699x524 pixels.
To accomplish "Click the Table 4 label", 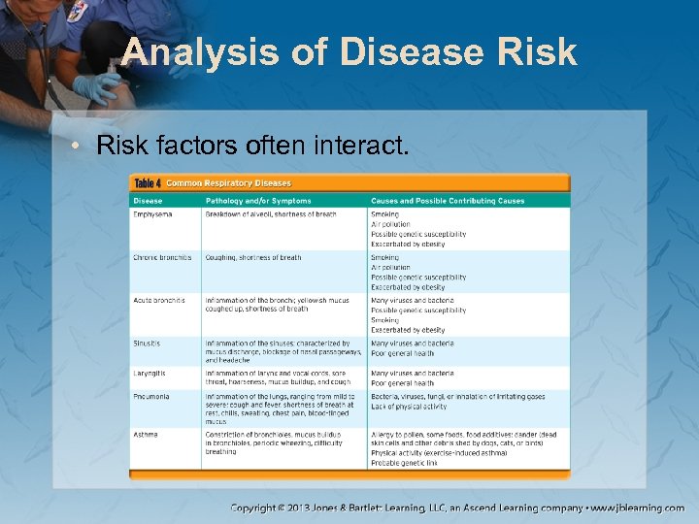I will click(148, 183).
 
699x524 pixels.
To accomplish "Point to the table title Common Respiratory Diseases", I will click(228, 183).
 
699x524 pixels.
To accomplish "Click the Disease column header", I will click(149, 201).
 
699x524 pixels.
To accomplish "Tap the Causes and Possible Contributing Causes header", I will click(447, 201).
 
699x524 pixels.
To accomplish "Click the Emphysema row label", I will click(152, 213).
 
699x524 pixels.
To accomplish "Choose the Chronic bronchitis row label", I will click(162, 258).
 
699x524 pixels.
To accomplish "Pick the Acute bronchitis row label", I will click(159, 301).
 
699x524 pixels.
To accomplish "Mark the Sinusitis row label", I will click(148, 344).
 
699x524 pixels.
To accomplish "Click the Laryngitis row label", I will click(150, 373).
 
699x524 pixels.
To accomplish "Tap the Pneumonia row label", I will click(151, 397).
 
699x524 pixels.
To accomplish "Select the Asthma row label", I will click(146, 435).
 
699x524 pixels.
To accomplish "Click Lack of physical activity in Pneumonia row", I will click(408, 407).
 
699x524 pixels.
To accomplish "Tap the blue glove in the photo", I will click(96, 88).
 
